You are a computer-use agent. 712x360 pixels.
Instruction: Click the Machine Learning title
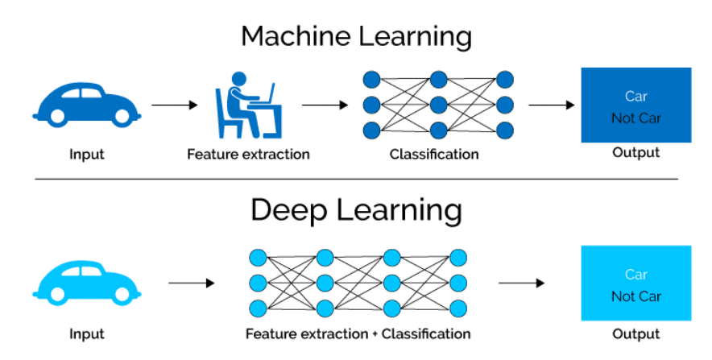point(356,36)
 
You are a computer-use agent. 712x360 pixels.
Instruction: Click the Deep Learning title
point(356,210)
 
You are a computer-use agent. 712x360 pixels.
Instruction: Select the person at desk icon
point(247,105)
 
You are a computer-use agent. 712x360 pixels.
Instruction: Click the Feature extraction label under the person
point(248,153)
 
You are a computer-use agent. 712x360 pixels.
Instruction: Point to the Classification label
point(434,154)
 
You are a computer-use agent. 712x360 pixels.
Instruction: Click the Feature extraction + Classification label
point(358,333)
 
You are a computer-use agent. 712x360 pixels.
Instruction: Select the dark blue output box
point(636,105)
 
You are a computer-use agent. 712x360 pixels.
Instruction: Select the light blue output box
point(636,283)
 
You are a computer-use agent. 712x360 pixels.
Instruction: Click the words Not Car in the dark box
point(636,118)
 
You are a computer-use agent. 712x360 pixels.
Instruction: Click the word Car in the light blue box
point(636,275)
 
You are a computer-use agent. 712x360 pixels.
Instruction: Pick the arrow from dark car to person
point(174,105)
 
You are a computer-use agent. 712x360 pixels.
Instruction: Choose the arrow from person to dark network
point(325,105)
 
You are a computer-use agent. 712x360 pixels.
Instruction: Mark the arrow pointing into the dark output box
point(552,105)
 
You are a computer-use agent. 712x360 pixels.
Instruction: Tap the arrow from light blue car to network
point(192,283)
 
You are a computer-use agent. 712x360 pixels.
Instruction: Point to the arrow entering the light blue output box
point(521,283)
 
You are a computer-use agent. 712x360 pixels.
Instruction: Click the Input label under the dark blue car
point(85,154)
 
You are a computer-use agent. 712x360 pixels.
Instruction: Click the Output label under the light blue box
point(636,333)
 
